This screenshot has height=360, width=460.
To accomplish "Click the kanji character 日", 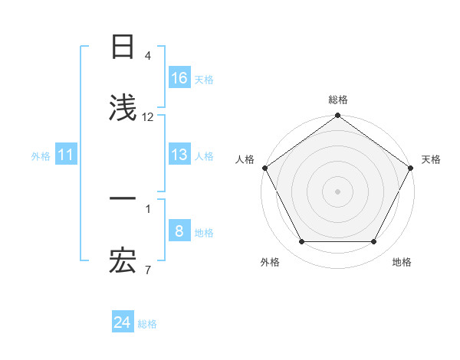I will click(123, 47).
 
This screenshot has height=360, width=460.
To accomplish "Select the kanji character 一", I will click(123, 198).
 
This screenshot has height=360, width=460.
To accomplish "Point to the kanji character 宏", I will click(123, 263).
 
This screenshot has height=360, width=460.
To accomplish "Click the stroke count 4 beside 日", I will click(148, 56).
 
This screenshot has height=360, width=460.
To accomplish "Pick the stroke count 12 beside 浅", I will click(148, 117).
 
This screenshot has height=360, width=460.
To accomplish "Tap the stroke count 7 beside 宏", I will click(148, 270).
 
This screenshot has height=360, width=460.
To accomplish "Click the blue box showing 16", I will click(179, 78).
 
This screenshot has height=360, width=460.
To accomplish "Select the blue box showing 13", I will click(179, 155).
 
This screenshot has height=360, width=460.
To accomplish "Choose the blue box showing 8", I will click(179, 231).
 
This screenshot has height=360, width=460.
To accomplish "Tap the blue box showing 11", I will click(66, 155).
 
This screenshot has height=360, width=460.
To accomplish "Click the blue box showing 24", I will click(123, 323).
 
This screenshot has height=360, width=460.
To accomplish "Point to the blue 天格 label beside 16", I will click(204, 79).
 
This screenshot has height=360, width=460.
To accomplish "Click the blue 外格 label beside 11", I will click(41, 156).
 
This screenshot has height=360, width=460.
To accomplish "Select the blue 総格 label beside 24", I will click(147, 324).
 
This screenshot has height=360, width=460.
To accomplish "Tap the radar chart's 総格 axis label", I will click(338, 100).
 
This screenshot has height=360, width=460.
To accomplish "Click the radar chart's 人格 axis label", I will click(245, 159).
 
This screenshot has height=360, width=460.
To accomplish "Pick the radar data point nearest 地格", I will click(374, 242).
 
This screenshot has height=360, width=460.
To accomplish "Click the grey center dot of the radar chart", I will click(337, 191).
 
